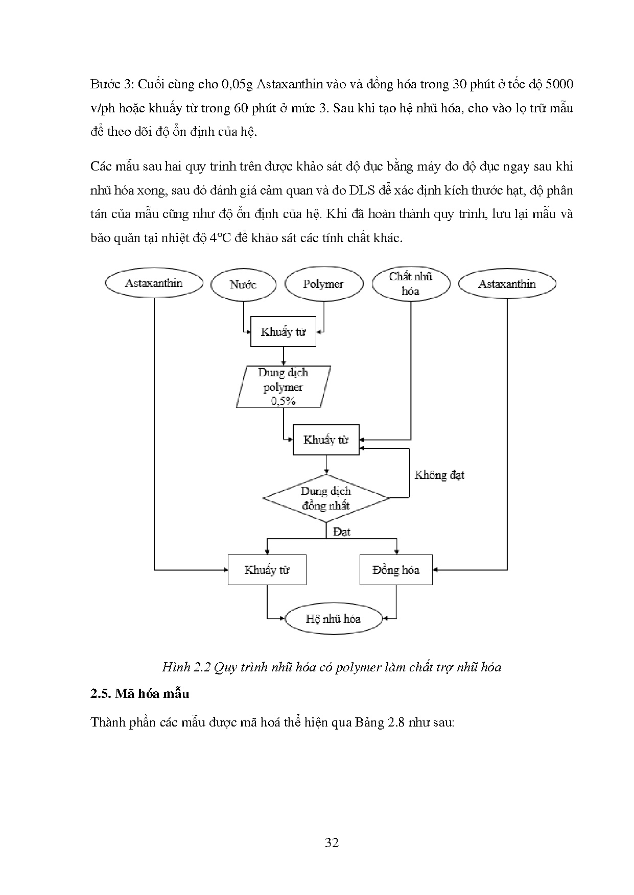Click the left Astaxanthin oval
[154, 283]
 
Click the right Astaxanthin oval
[507, 284]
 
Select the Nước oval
[243, 284]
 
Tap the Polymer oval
[323, 284]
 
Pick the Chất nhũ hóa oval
[411, 284]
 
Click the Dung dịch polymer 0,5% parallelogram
[283, 387]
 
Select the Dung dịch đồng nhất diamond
[326, 498]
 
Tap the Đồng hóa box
[396, 570]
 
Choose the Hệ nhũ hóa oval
[333, 619]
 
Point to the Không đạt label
[439, 475]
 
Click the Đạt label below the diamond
[342, 531]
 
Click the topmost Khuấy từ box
[283, 332]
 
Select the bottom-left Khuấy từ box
[267, 570]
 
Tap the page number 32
[332, 842]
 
